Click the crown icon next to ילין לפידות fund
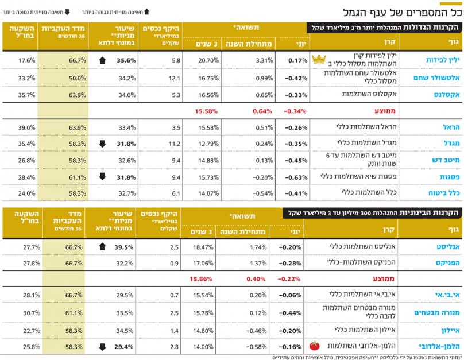318,59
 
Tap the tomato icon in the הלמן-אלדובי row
314,346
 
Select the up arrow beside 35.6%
102,59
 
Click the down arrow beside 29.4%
102,346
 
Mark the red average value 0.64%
262,110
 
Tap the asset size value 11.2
175,144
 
